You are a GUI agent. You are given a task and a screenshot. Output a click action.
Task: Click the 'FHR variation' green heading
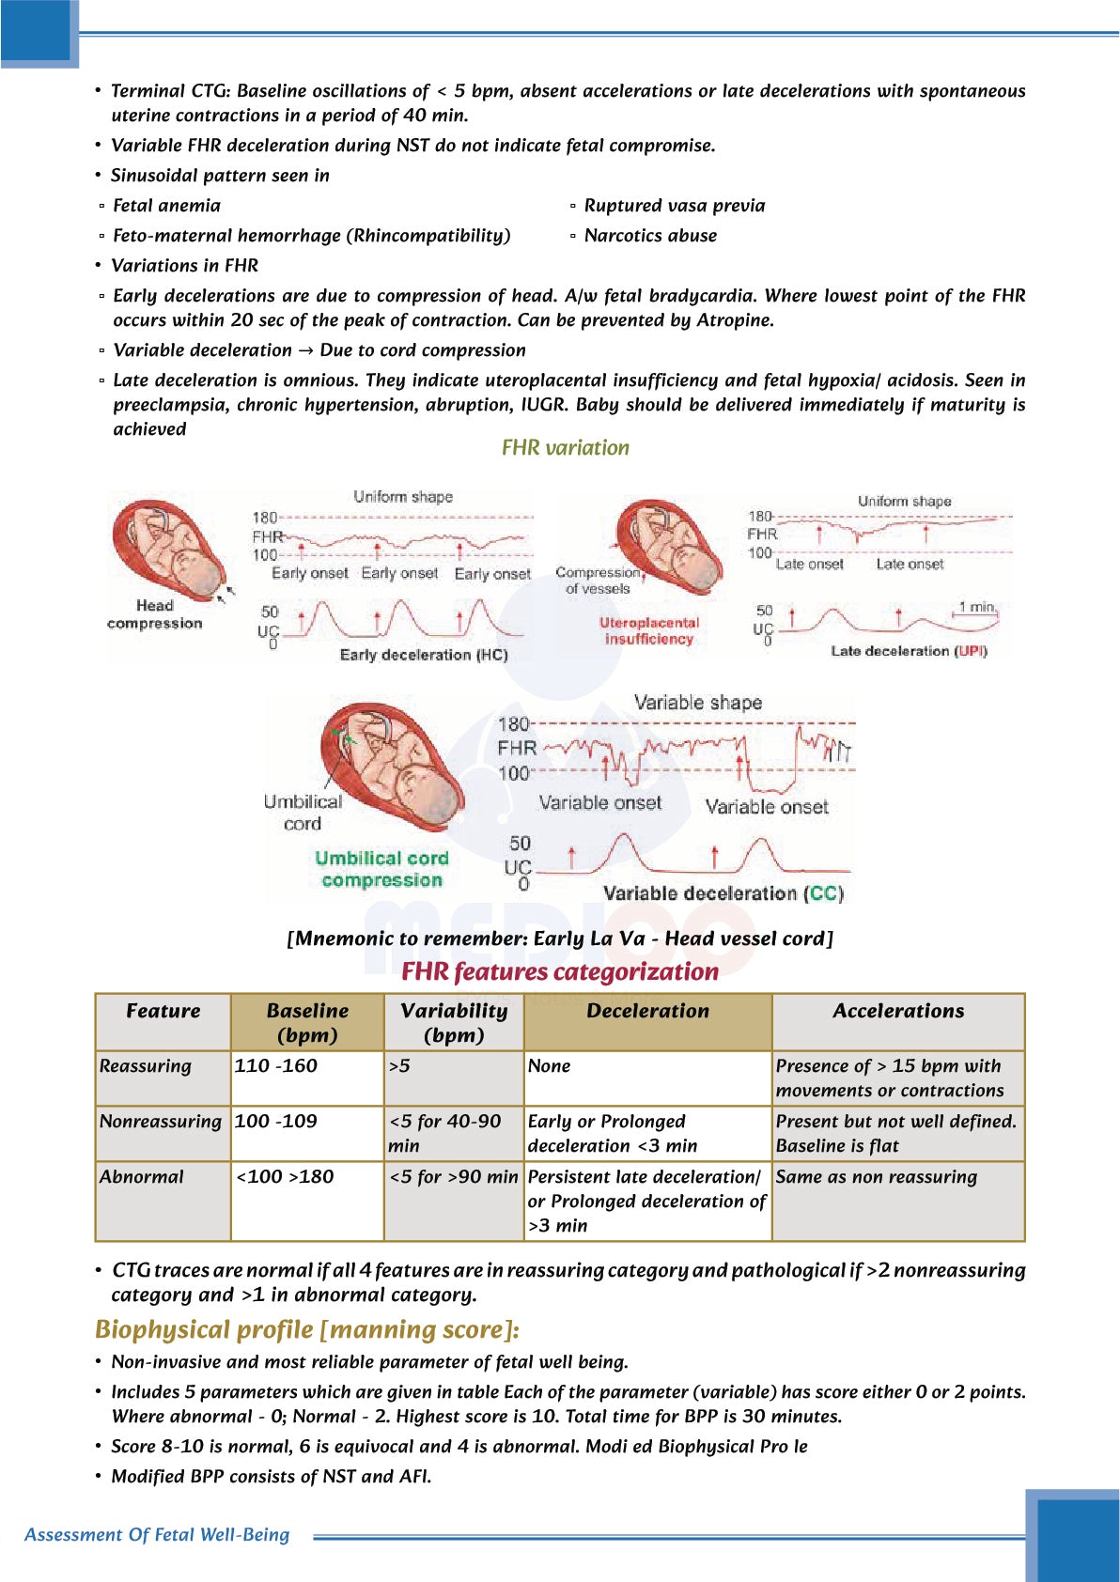coord(565,448)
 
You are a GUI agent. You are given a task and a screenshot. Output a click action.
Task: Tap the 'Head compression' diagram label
coord(154,614)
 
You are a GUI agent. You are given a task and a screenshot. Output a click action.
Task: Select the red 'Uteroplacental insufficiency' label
coord(648,630)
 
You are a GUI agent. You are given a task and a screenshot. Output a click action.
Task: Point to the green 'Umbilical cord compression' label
coord(381,869)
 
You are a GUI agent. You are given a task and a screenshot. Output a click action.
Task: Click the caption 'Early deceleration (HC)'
coord(423,655)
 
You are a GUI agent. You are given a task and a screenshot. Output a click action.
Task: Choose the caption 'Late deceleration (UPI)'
coord(909,651)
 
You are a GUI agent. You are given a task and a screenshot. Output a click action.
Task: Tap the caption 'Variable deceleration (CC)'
coord(723,893)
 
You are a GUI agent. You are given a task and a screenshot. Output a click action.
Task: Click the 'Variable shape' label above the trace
coord(697,703)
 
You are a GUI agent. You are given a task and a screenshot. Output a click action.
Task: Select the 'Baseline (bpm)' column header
coord(307,1022)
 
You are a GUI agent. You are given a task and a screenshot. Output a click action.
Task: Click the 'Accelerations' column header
coord(898,1011)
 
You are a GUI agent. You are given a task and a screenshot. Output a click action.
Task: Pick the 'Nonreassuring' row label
coord(161,1121)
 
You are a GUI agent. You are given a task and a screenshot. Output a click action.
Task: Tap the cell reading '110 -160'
coord(276,1065)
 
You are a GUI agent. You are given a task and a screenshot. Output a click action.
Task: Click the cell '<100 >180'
coord(285,1176)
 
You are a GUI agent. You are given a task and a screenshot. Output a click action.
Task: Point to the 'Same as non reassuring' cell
coord(877,1176)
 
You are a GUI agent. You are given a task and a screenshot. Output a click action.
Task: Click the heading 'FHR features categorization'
coord(560,971)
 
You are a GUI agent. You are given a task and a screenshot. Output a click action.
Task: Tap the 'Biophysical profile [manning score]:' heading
coord(306,1329)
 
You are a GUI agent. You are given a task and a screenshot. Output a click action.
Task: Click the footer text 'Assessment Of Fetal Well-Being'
coord(157,1534)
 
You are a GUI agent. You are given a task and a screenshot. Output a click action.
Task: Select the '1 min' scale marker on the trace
coord(976,607)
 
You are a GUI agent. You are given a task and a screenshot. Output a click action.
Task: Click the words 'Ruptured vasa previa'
coord(674,206)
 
